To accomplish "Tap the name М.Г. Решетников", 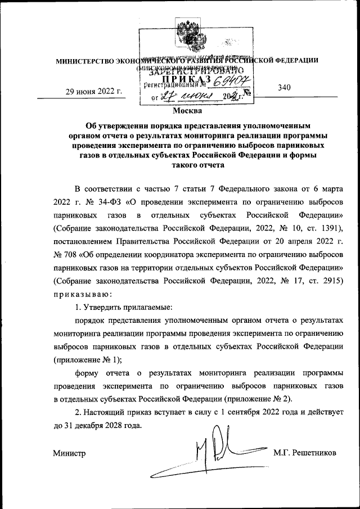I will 304,452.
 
